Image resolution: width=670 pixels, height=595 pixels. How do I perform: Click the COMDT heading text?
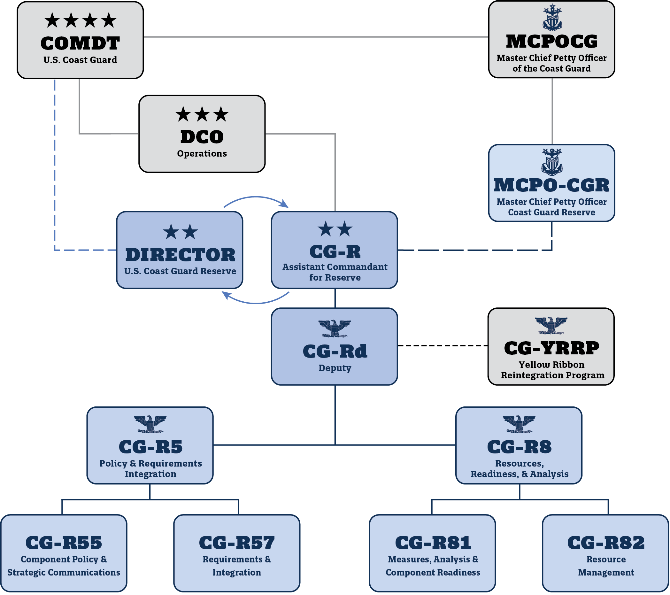click(80, 43)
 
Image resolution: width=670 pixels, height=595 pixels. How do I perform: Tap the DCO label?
click(202, 137)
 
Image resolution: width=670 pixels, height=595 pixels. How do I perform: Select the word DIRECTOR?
click(180, 255)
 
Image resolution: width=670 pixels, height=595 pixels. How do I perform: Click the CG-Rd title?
click(335, 351)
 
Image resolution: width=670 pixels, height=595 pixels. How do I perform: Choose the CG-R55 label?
click(64, 543)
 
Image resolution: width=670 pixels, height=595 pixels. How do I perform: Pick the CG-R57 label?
click(237, 543)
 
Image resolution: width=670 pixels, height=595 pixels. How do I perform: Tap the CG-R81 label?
click(433, 543)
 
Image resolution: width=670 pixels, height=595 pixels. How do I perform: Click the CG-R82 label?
click(606, 543)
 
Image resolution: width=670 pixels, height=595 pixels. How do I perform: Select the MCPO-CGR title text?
click(551, 185)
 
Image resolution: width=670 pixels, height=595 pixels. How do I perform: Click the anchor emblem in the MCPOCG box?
click(552, 18)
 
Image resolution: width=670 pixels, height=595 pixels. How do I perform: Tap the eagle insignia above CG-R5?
click(150, 424)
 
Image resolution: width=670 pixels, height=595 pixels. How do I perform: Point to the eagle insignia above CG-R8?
click(519, 424)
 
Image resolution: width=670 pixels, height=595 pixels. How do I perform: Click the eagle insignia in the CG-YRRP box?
click(551, 325)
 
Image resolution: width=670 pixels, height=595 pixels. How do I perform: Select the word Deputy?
click(335, 368)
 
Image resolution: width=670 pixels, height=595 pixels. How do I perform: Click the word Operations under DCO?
click(202, 153)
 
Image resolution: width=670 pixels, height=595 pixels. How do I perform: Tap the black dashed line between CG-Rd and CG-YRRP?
click(443, 345)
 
